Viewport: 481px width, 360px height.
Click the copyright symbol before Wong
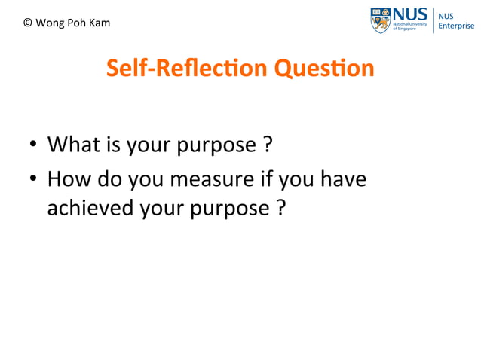pyautogui.click(x=28, y=23)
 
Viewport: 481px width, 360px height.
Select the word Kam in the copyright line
pyautogui.click(x=100, y=23)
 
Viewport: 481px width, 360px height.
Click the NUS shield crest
pyautogui.click(x=380, y=20)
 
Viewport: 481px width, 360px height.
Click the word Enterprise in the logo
pyautogui.click(x=457, y=26)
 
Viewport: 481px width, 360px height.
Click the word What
pyautogui.click(x=71, y=143)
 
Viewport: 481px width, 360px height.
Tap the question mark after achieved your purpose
pyautogui.click(x=280, y=207)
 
